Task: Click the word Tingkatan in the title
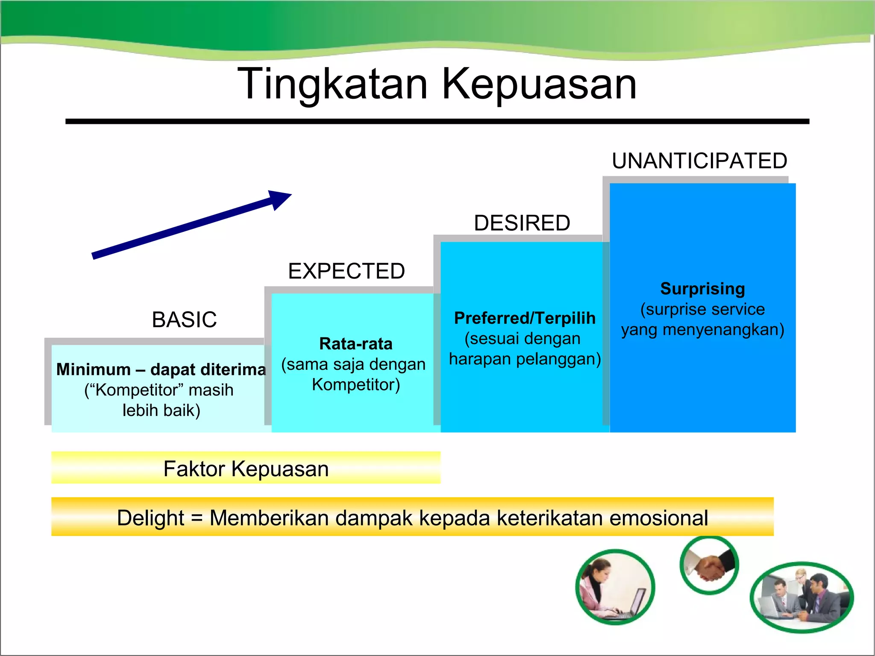pyautogui.click(x=332, y=84)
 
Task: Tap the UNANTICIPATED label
pyautogui.click(x=699, y=161)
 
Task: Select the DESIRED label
pyautogui.click(x=522, y=223)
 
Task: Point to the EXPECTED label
pyautogui.click(x=346, y=271)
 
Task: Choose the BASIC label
pyautogui.click(x=184, y=319)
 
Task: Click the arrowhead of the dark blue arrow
pyautogui.click(x=280, y=199)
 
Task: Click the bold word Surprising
pyautogui.click(x=702, y=289)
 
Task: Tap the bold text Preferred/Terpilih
pyautogui.click(x=524, y=318)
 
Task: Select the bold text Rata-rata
pyautogui.click(x=355, y=344)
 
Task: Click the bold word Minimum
pyautogui.click(x=94, y=369)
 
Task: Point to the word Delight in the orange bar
pyautogui.click(x=150, y=518)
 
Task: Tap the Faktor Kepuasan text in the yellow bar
pyautogui.click(x=246, y=469)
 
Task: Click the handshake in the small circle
pyautogui.click(x=709, y=565)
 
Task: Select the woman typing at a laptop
pyautogui.click(x=615, y=587)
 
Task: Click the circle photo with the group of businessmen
pyautogui.click(x=802, y=597)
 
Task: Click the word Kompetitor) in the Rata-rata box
pyautogui.click(x=355, y=384)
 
